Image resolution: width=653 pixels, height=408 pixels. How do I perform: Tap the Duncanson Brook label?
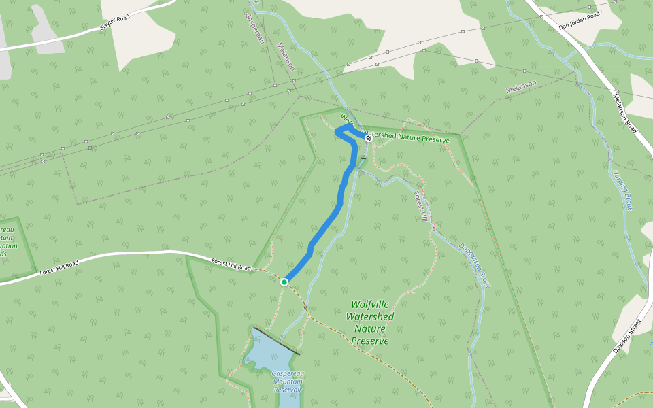tap(474, 265)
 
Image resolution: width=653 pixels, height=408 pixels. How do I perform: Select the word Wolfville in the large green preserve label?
tap(371, 305)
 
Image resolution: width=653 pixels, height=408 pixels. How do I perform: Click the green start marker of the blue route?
tap(284, 282)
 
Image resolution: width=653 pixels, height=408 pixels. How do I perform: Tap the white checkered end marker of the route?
tap(369, 138)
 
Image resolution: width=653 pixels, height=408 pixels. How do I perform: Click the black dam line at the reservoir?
tap(275, 341)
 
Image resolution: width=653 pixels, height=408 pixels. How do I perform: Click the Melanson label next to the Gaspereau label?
tap(286, 57)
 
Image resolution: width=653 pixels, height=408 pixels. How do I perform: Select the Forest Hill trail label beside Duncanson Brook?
tap(419, 205)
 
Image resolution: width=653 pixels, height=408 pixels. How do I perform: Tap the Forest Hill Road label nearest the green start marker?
tap(231, 265)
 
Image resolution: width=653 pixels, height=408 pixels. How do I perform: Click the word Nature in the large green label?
tap(370, 328)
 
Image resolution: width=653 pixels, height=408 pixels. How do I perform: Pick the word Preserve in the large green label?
tap(371, 341)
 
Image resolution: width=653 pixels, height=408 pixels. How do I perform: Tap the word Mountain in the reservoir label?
tap(288, 382)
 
